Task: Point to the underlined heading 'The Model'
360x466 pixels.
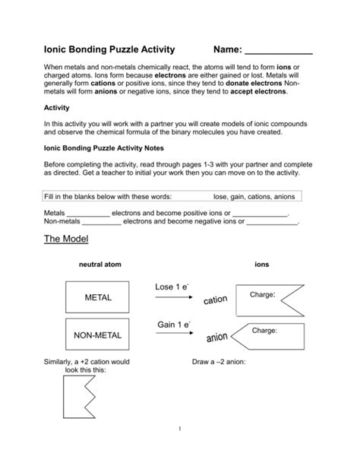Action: point(66,239)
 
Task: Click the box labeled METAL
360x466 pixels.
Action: point(97,297)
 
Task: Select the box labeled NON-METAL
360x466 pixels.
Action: point(97,334)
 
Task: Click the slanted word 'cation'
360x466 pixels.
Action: point(215,302)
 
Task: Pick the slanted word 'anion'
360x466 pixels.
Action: point(216,336)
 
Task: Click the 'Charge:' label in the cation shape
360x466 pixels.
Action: point(262,294)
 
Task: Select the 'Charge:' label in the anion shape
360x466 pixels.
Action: point(264,331)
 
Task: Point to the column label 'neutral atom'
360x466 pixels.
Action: point(99,265)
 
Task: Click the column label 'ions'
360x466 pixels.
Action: point(261,265)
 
